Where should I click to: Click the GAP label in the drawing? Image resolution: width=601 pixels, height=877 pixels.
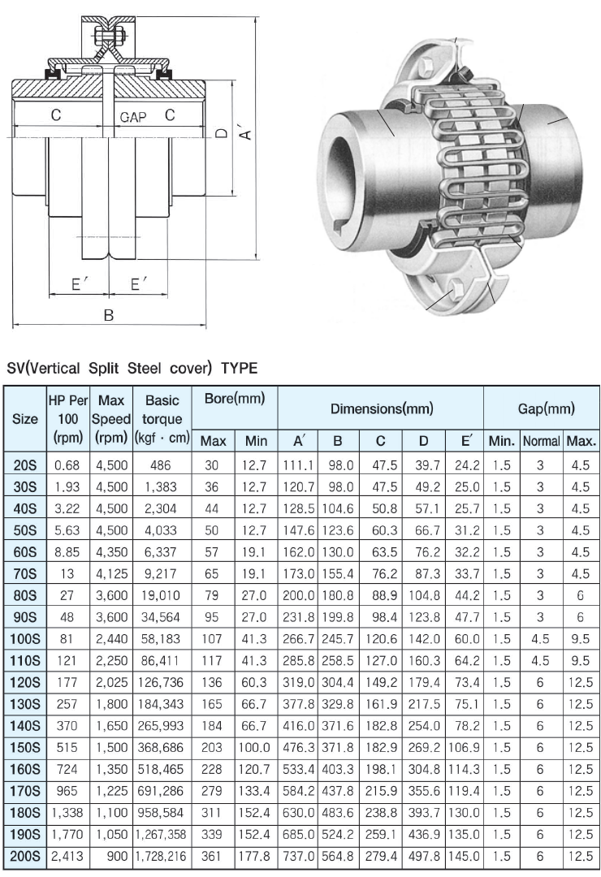(x=133, y=117)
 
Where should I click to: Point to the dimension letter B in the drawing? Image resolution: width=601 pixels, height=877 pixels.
(x=108, y=315)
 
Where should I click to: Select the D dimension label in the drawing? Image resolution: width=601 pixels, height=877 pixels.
(x=222, y=132)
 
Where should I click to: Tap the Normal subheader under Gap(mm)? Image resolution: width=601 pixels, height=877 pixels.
(x=541, y=442)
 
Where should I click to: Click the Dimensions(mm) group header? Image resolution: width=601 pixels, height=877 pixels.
(x=381, y=409)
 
